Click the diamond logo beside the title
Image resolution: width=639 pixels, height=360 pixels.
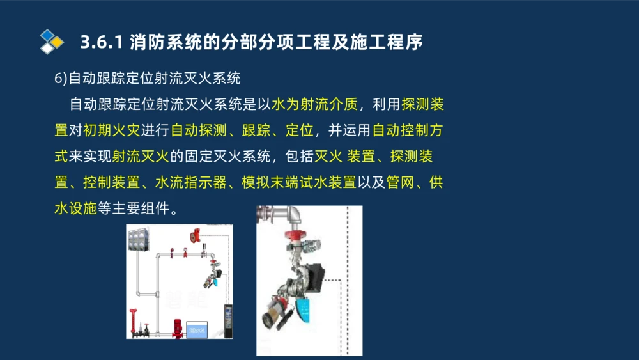point(51,42)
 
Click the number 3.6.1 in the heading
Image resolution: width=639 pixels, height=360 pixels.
point(102,43)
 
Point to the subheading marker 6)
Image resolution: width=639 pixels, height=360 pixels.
point(61,79)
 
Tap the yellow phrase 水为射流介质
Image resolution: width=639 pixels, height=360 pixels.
point(314,105)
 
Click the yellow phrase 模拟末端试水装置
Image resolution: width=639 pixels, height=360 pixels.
point(298,182)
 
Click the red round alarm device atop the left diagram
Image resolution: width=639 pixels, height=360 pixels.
point(190,236)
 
